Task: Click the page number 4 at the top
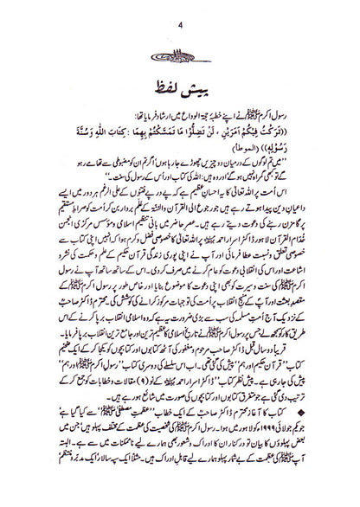tap(180, 12)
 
